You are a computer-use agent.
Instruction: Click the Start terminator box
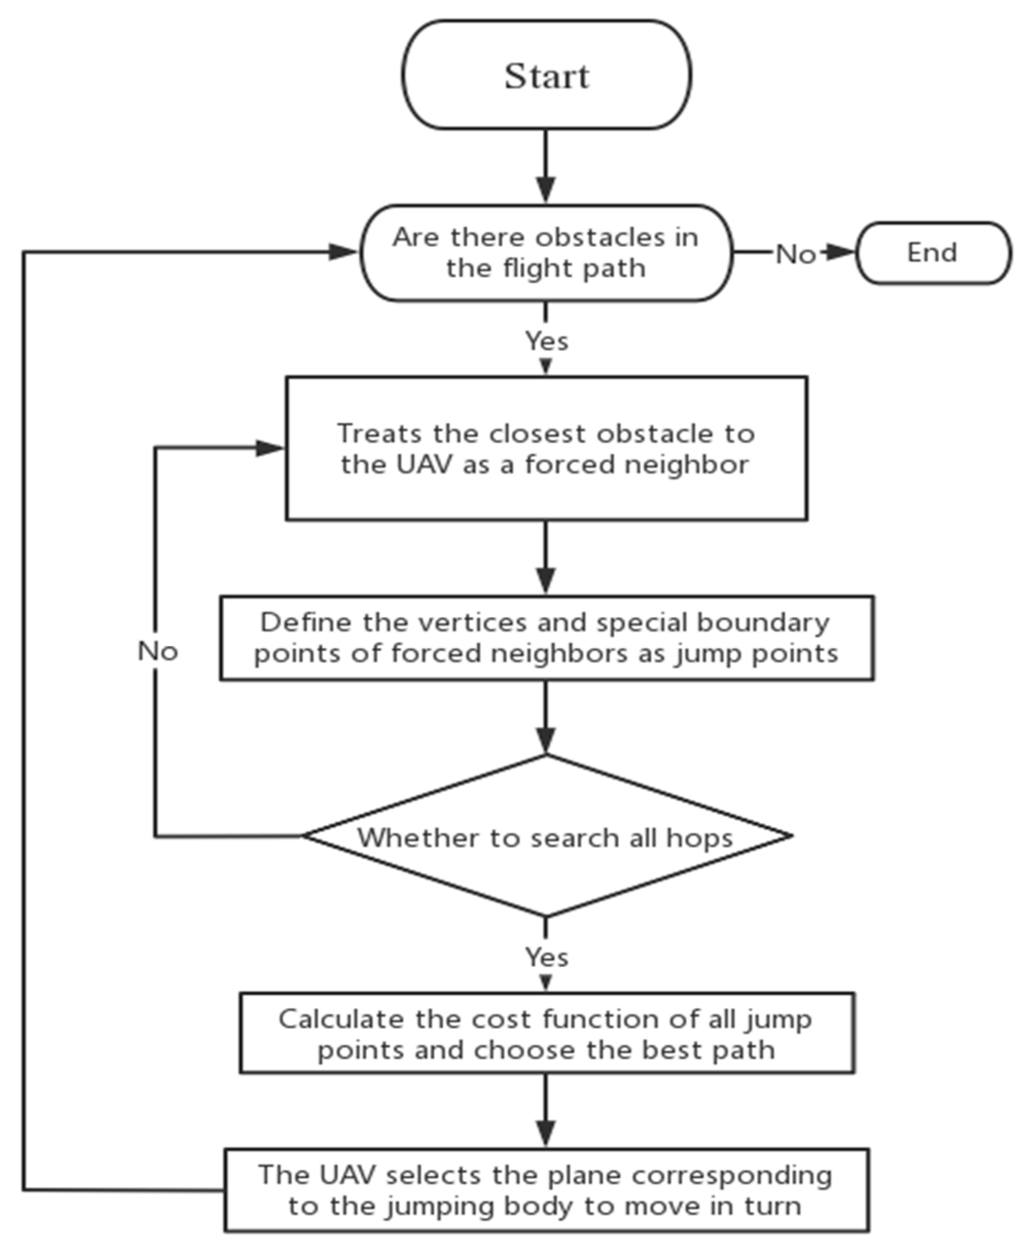[546, 75]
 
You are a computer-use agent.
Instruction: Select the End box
[933, 253]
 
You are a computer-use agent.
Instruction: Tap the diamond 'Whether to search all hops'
[546, 836]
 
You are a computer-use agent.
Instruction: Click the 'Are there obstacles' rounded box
[546, 253]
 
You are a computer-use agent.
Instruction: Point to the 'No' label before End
[795, 255]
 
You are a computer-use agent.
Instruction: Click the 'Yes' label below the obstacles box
[546, 341]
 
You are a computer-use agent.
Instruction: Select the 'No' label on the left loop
[157, 651]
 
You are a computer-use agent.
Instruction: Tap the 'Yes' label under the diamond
[546, 957]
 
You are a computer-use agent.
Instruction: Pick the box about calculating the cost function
[546, 1033]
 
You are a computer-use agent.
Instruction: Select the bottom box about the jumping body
[546, 1190]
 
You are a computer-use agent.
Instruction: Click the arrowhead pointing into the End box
[841, 252]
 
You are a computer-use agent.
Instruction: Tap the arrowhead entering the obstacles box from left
[344, 252]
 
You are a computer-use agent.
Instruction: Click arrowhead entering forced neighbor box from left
[270, 448]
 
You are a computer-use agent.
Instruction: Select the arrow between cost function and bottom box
[545, 1110]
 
